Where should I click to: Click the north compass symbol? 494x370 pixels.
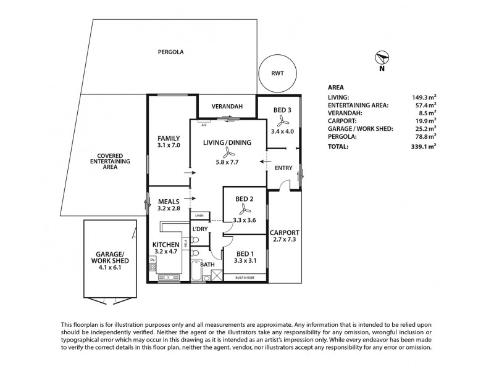pyautogui.click(x=382, y=58)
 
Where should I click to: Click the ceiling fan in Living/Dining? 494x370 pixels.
pyautogui.click(x=228, y=153)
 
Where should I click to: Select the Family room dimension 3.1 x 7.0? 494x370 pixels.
pyautogui.click(x=168, y=146)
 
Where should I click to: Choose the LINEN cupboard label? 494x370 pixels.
pyautogui.click(x=199, y=216)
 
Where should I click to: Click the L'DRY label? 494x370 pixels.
pyautogui.click(x=200, y=229)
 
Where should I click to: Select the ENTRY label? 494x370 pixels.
pyautogui.click(x=284, y=167)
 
